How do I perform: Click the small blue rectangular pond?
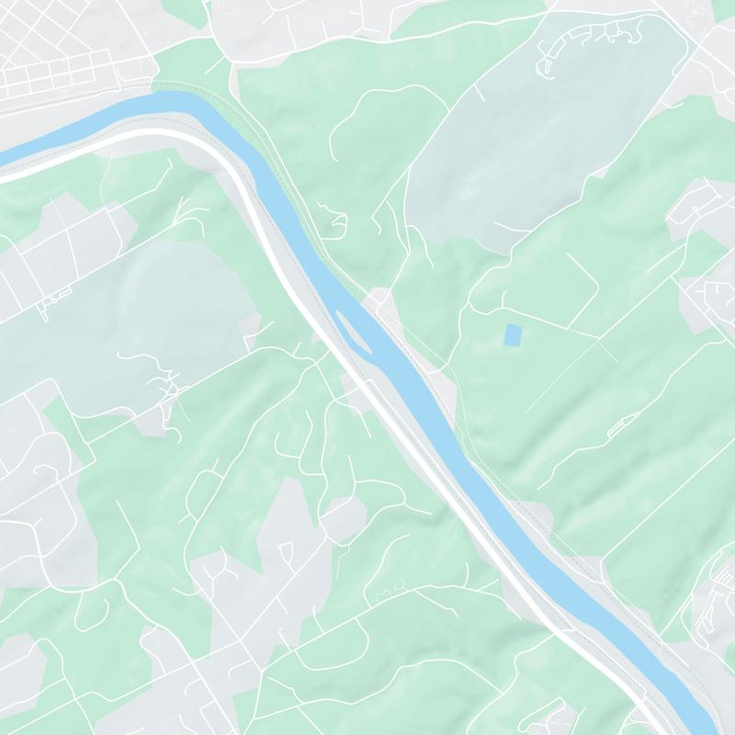(x=512, y=334)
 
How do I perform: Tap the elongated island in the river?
(x=354, y=331)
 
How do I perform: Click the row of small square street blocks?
(x=55, y=73)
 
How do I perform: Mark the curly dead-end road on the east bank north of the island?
(x=335, y=219)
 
